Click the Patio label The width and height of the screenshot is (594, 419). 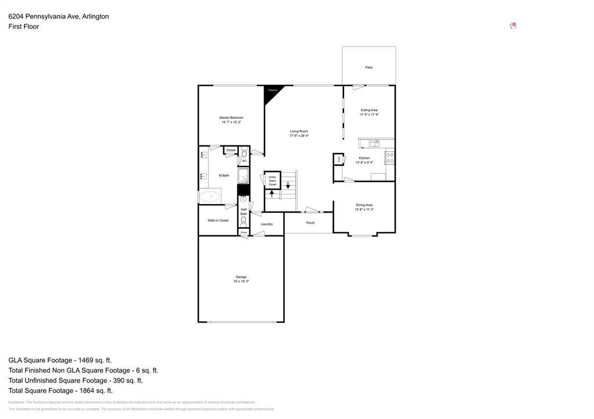[x=369, y=67]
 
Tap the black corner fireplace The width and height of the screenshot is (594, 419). [x=270, y=93]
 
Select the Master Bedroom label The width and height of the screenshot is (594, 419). [x=231, y=118]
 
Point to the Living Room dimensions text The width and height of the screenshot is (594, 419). [x=299, y=136]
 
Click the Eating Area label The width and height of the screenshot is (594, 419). [x=369, y=110]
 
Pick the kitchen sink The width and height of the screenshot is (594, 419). [x=374, y=144]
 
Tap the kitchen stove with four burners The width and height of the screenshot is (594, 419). [x=390, y=158]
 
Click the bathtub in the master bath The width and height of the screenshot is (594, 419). [x=211, y=196]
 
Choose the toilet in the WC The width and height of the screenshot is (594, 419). [x=244, y=154]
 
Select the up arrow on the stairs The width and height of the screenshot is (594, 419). [x=271, y=194]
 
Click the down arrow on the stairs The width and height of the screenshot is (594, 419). [x=287, y=186]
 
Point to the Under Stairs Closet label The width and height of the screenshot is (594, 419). [x=272, y=180]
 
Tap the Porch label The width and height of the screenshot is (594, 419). [x=310, y=223]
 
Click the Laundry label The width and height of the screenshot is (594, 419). [x=267, y=224]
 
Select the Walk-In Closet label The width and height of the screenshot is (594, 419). [x=218, y=220]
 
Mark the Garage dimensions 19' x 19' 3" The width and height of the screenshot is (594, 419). [x=241, y=281]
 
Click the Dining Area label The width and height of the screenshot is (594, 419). [x=364, y=205]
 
